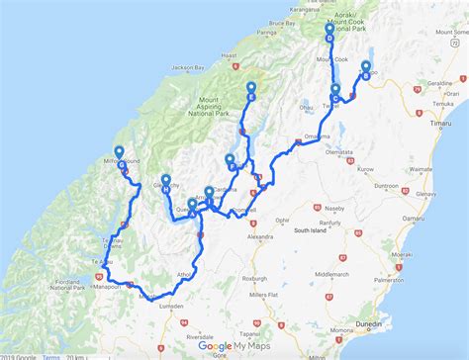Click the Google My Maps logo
click(234, 345)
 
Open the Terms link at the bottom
click(50, 355)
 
